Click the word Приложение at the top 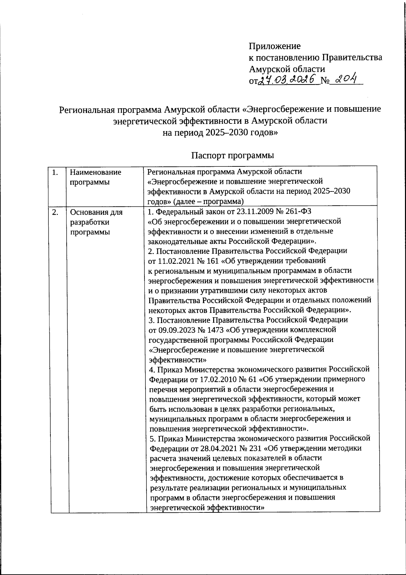(274, 46)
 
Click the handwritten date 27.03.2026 (288, 80)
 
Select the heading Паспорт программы (232, 156)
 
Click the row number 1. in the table (55, 172)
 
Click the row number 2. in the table (55, 212)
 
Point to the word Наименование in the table (95, 172)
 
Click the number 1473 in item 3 (212, 329)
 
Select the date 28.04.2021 (213, 448)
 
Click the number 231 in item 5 (256, 448)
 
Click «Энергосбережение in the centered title (279, 109)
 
